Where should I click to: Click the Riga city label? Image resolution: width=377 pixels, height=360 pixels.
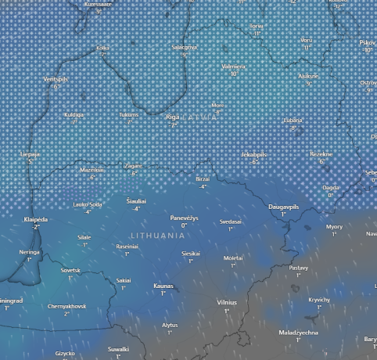pos(173,117)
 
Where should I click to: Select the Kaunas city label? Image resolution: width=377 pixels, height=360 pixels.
pos(163,286)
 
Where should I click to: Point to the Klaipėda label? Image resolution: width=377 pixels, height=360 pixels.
pos(36,220)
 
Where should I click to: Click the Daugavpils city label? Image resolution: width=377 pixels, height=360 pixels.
pos(284,207)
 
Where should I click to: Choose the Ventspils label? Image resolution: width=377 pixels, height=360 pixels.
pos(56,80)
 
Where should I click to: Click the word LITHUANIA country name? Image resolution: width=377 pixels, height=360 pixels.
pos(163,235)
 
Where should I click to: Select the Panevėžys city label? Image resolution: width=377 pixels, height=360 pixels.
pos(185,218)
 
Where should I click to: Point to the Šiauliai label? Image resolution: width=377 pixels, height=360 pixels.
pos(136,201)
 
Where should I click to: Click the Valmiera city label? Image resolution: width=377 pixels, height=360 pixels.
pos(233,67)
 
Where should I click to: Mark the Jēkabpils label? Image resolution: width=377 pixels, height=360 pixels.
pos(255,154)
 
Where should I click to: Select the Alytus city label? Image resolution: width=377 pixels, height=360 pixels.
pos(170,325)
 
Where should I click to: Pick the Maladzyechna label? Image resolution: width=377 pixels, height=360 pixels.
pos(298,333)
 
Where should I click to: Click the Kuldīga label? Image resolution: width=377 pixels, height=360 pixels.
pos(74,115)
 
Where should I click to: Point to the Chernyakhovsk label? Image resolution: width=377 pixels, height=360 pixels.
pos(66,307)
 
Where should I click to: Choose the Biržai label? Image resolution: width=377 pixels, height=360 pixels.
pos(203,179)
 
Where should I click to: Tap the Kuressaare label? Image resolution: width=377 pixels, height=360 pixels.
pos(98,4)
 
